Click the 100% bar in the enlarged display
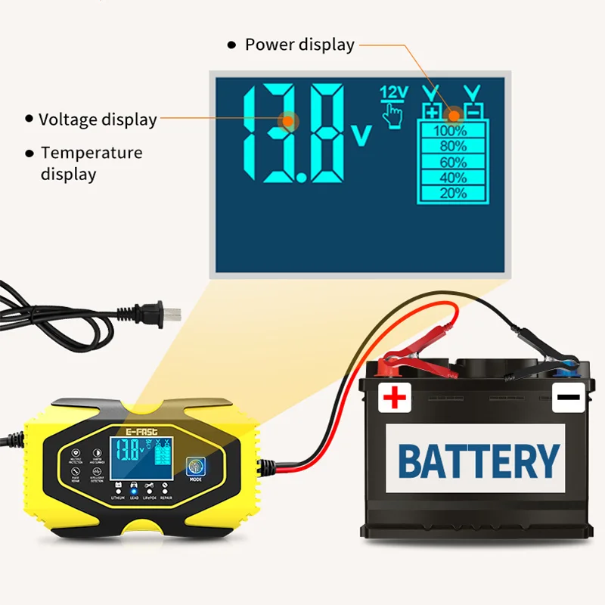450,130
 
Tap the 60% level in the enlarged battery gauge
452,162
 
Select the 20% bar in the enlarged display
452,193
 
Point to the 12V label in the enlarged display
393,92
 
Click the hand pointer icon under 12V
392,116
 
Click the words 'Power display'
299,45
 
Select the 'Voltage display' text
98,119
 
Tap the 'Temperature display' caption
91,163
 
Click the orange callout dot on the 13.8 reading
287,120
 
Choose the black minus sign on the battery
569,396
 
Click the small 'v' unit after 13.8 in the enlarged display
362,135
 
